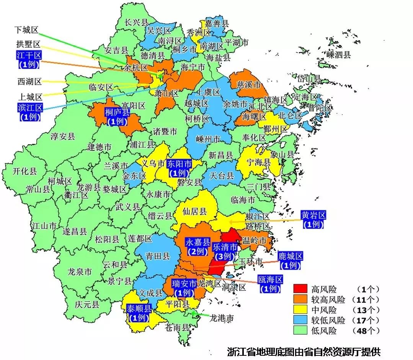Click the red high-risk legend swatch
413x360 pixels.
click(x=300, y=289)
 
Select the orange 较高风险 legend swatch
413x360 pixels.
click(x=300, y=299)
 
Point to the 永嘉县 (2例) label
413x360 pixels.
click(x=198, y=247)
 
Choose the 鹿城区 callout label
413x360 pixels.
click(x=291, y=260)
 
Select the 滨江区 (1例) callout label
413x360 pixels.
click(x=29, y=111)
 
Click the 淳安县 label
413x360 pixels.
click(x=63, y=136)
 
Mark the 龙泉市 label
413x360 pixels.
click(x=79, y=272)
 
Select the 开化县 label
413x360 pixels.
click(x=24, y=171)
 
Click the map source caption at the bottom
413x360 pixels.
click(x=304, y=351)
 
